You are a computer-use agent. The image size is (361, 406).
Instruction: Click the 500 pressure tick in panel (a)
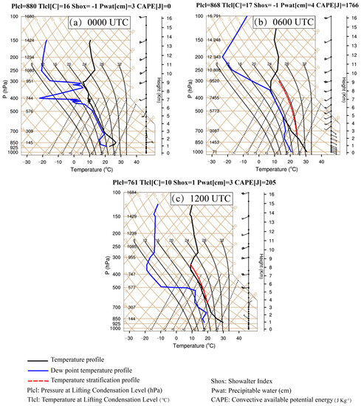pyautogui.click(x=14, y=111)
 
